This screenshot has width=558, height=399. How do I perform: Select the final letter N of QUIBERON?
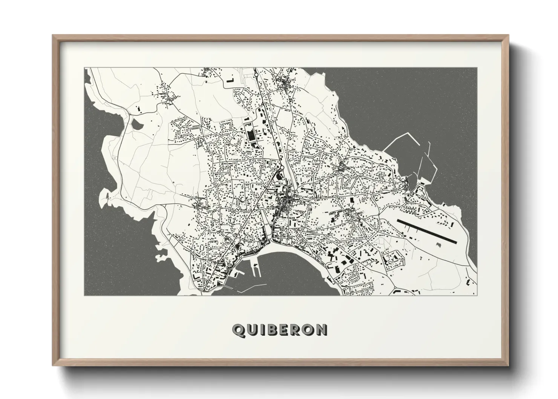click(x=322, y=330)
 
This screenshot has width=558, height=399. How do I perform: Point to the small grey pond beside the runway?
click(x=439, y=245)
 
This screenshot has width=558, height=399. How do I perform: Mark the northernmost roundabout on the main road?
click(x=256, y=75)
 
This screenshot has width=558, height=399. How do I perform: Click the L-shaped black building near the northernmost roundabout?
click(x=230, y=80)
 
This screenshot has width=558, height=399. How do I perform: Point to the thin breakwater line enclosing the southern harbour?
click(x=245, y=289)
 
